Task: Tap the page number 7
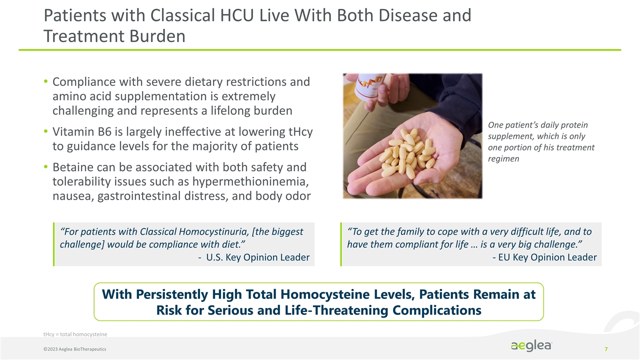(606, 348)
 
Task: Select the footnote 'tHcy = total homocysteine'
(75, 334)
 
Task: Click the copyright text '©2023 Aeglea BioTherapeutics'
(74, 348)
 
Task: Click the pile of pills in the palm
(406, 151)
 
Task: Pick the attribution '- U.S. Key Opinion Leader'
(254, 257)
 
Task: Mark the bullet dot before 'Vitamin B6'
(46, 132)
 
